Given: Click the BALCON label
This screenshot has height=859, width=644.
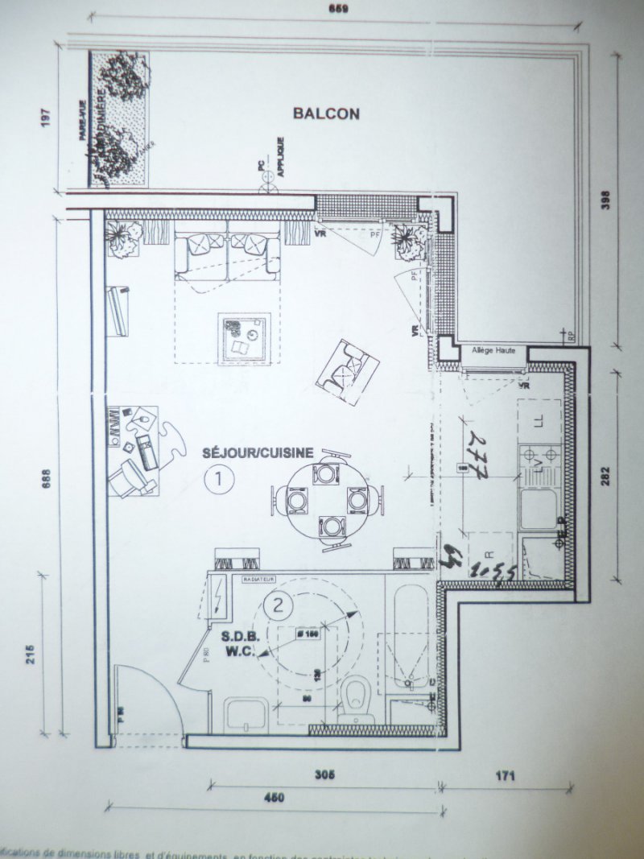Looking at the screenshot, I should point(326,114).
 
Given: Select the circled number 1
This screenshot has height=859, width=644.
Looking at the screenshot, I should point(218,480).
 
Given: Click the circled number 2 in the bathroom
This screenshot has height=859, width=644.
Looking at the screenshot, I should point(279,605).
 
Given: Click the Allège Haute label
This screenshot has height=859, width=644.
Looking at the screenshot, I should point(493,352).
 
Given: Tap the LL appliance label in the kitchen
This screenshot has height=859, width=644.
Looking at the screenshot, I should point(539,419).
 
